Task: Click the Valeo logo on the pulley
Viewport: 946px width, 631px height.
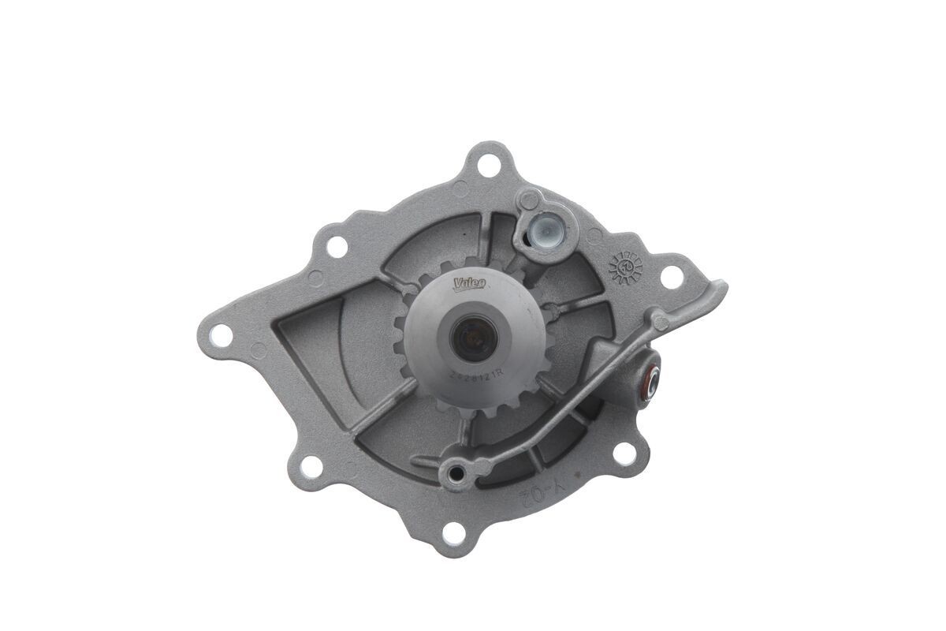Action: click(x=471, y=282)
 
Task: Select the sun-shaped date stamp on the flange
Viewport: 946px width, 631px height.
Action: click(x=626, y=267)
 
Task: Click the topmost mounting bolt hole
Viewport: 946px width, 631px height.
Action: click(x=488, y=166)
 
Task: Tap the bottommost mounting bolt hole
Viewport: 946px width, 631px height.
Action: click(x=453, y=532)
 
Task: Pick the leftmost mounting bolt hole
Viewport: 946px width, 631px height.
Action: click(x=222, y=334)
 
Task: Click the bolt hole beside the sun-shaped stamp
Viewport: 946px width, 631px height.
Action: click(x=671, y=277)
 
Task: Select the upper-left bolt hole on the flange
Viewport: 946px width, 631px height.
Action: click(x=337, y=246)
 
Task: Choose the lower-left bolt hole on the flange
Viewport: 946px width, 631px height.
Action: click(x=311, y=466)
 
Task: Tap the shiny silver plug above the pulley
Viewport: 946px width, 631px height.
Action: click(x=542, y=230)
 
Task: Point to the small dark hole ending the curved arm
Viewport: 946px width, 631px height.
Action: click(x=453, y=473)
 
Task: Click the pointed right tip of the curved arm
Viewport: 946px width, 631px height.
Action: click(x=723, y=286)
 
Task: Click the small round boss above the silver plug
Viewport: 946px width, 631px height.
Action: click(x=530, y=198)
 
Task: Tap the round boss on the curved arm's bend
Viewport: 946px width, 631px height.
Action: click(x=659, y=321)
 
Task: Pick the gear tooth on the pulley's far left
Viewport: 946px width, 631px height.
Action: click(x=399, y=341)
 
